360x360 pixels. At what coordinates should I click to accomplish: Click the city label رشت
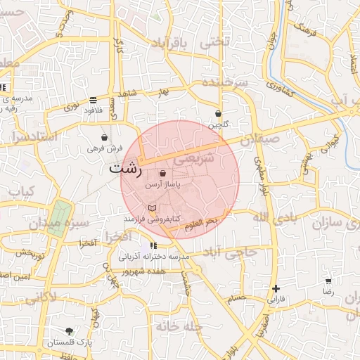pos(126,169)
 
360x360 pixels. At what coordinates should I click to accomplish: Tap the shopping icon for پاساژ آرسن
pos(163,173)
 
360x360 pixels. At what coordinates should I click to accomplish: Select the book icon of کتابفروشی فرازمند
pos(153,208)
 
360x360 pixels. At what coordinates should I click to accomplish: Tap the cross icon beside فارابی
pos(276,288)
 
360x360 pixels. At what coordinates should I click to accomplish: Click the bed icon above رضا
pos(328,281)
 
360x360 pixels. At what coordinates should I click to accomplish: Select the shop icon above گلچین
pos(218,113)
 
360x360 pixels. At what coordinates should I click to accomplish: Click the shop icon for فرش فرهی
pos(105,138)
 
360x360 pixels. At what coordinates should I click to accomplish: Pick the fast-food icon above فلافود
pos(94,100)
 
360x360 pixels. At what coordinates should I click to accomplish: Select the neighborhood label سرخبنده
pos(225,82)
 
